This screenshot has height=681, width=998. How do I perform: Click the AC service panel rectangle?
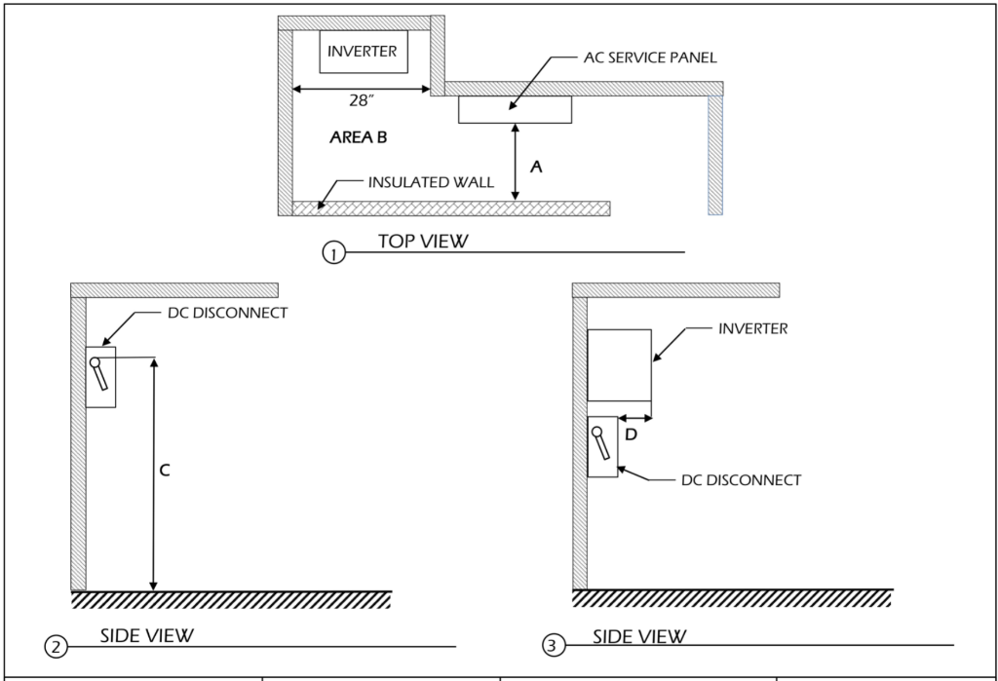coord(515,109)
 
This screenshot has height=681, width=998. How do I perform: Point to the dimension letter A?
coord(534,167)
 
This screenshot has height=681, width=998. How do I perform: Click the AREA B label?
coord(359,138)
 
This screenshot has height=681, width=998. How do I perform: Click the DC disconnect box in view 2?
coord(100,377)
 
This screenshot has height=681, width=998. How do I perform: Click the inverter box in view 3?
coord(619,364)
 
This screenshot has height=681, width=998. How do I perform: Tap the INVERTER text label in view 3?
coord(752,329)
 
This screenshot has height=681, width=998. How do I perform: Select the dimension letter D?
coord(631,435)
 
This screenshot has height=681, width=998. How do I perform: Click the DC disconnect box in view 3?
coord(603,446)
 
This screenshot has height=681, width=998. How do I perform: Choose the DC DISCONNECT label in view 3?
coord(742,480)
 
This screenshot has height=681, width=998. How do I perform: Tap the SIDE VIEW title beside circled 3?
coord(639,635)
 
